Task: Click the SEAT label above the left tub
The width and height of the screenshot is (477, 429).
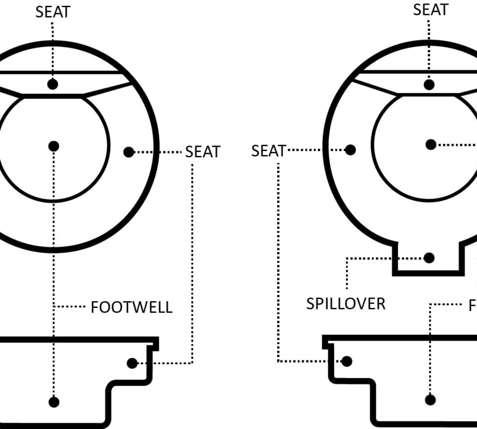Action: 52,12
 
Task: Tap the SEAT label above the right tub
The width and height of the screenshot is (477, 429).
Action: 430,10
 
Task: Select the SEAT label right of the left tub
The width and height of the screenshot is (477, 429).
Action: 203,152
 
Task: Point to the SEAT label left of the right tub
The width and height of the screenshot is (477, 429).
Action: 268,151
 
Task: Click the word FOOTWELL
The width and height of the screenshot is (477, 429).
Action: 132,307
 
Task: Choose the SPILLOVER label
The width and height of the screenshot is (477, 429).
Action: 345,304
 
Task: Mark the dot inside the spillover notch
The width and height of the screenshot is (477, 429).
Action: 429,258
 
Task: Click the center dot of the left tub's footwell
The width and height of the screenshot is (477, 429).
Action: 53,146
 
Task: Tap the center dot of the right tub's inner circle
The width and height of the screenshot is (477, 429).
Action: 431,144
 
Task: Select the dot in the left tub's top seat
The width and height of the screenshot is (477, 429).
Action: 53,84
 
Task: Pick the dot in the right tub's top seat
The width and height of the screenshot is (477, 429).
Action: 429,85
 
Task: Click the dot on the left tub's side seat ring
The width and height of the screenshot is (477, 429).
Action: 128,152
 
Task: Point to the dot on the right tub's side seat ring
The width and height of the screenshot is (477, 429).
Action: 350,150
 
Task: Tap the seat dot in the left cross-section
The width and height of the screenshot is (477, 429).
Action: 132,363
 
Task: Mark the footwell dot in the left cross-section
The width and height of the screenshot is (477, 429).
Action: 54,402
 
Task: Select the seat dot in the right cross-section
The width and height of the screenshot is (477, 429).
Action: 347,361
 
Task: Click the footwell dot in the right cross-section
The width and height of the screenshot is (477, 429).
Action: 430,400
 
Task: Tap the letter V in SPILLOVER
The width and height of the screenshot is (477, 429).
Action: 360,304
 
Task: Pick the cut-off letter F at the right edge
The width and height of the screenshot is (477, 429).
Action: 473,306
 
